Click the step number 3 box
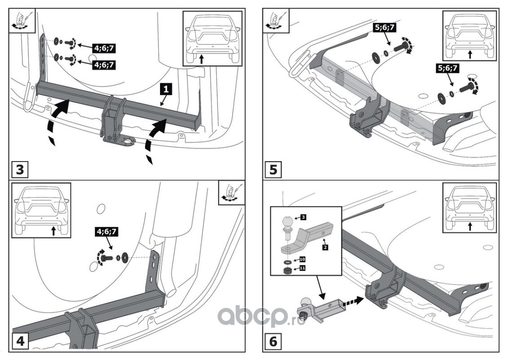click(x=20, y=170)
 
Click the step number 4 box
click(x=20, y=342)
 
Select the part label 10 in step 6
click(x=302, y=260)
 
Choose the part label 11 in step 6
click(x=302, y=269)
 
